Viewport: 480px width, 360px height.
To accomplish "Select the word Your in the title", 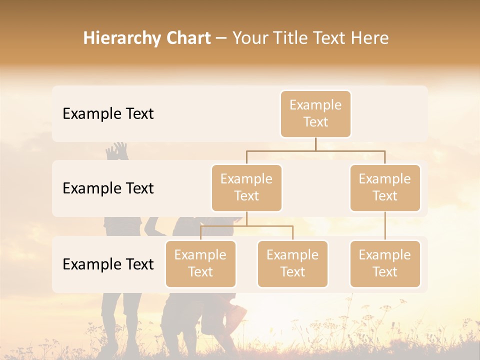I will point(250,38).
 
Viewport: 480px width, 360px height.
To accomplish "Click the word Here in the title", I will point(370,38).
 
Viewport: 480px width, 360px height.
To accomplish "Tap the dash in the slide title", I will point(221,39).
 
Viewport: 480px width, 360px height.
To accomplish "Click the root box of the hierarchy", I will point(315,113).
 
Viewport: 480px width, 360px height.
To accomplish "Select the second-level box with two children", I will point(246,187).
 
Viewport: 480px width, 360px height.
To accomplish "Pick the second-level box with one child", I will point(385,187).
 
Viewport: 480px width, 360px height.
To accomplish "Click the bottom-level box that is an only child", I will point(385,263).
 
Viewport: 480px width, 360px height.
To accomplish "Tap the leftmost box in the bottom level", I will point(200,263).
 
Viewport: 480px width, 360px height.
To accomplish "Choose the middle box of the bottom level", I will point(292,263).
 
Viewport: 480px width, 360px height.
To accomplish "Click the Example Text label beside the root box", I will point(108,114).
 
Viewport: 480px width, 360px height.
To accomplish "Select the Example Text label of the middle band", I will point(108,188).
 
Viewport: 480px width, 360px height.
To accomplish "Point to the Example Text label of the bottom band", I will point(108,264).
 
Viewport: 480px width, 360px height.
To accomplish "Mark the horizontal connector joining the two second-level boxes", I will point(315,150).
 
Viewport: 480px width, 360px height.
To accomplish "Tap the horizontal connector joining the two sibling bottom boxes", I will point(246,226).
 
